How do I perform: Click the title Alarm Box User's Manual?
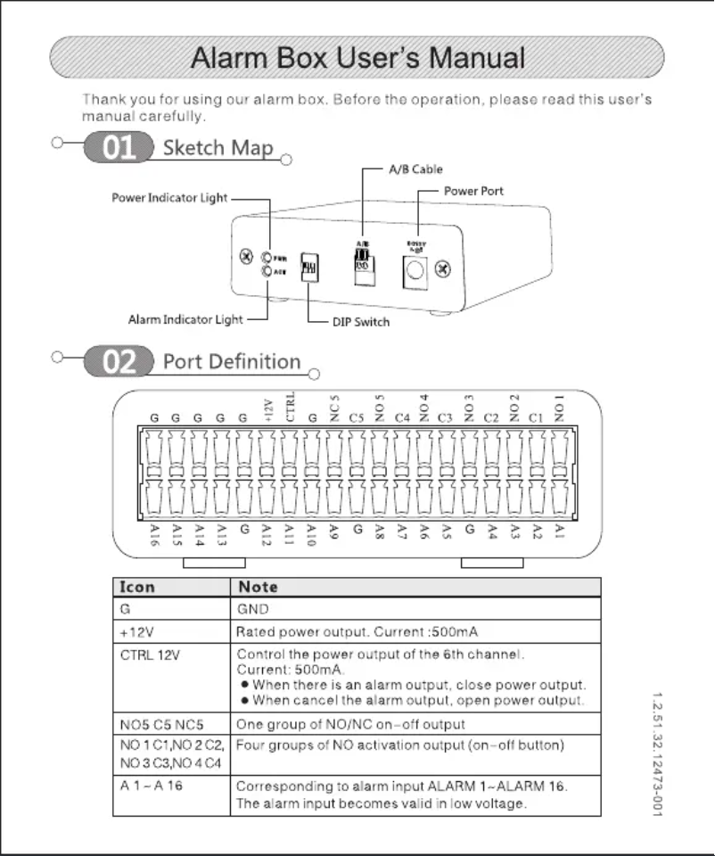click(x=358, y=58)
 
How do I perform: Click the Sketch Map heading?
click(x=218, y=148)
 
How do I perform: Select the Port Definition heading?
click(x=231, y=362)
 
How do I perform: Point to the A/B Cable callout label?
click(x=415, y=169)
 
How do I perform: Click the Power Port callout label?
click(x=473, y=192)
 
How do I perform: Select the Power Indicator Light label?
click(x=169, y=198)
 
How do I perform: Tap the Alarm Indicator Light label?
click(x=185, y=319)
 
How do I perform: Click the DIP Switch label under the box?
click(x=361, y=322)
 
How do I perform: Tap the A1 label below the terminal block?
click(x=559, y=531)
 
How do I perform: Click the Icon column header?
click(x=137, y=587)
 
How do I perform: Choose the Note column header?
click(x=258, y=587)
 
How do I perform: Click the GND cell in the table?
click(x=252, y=609)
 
